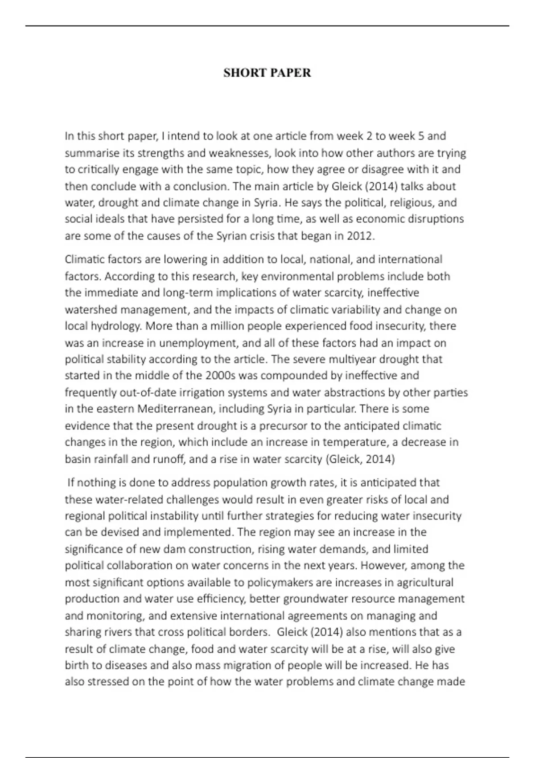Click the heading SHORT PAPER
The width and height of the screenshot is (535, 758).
coord(267,73)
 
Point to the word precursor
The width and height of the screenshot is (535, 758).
coord(284,426)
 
